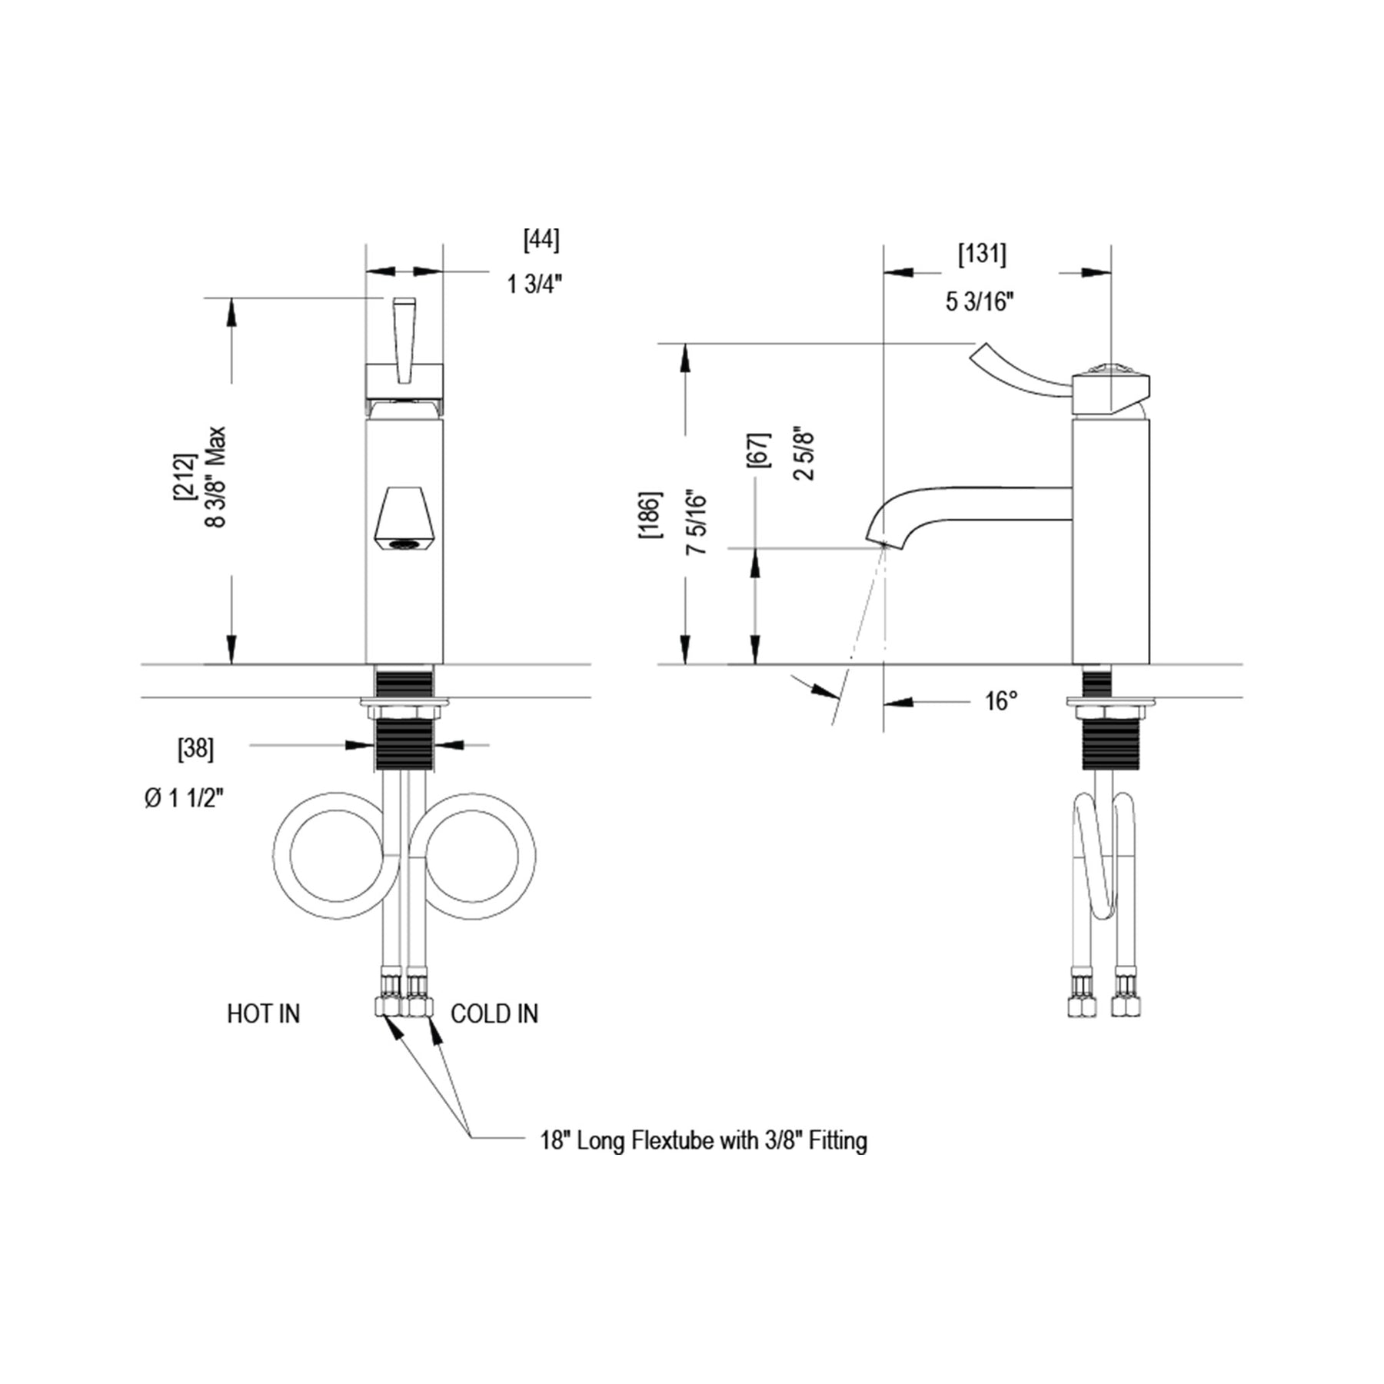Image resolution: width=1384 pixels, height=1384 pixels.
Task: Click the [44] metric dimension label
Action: coord(541,240)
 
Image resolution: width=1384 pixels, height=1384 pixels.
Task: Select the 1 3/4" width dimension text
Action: coord(534,284)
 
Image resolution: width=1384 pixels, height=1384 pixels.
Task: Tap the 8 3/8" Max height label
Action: coord(216,477)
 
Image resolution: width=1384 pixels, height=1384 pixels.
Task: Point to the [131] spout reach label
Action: coord(982,254)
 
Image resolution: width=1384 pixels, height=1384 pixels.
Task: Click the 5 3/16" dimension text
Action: coord(980,301)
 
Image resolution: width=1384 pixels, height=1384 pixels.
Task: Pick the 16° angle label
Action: coord(1001,701)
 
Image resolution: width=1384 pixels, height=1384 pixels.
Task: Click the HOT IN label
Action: coord(263,1013)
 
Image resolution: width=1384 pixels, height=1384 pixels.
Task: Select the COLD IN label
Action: coord(494,1013)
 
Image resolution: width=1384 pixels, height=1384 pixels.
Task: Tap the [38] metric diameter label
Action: coord(195,749)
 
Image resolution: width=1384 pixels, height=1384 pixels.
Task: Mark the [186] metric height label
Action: coord(649,514)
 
